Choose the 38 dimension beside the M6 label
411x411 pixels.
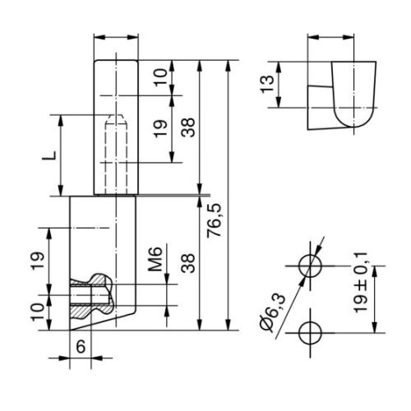point(188,263)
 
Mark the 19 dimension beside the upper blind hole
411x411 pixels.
point(160,127)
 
